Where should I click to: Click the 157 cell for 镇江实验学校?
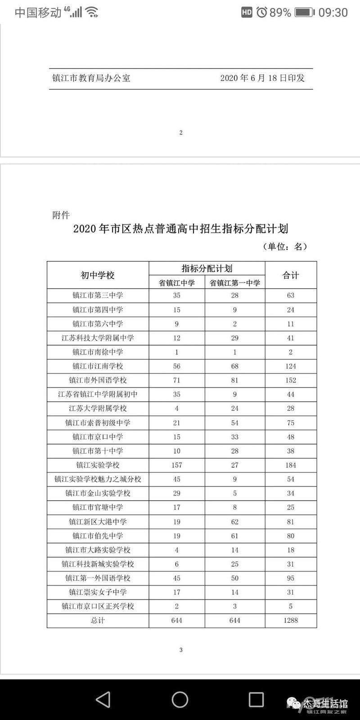[x=176, y=465]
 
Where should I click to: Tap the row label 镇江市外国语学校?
[x=98, y=380]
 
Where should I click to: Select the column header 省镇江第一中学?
[x=235, y=283]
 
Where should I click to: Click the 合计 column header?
[x=291, y=275]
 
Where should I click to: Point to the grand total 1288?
[x=291, y=620]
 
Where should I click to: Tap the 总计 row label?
[x=98, y=620]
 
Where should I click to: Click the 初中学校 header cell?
[x=98, y=275]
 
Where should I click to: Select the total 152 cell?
[x=291, y=380]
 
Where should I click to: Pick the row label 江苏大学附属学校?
[x=98, y=408]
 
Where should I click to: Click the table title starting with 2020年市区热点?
[x=180, y=229]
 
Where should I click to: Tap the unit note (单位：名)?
[x=284, y=247]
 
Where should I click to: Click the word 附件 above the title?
[x=61, y=215]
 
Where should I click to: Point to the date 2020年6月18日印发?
[x=262, y=78]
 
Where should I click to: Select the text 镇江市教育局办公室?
[x=91, y=78]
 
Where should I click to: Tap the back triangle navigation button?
[x=103, y=699]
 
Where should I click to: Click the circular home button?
[x=180, y=699]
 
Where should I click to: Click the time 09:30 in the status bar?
[x=333, y=13]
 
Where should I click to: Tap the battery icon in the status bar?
[x=305, y=13]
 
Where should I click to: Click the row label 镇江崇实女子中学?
[x=98, y=592]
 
